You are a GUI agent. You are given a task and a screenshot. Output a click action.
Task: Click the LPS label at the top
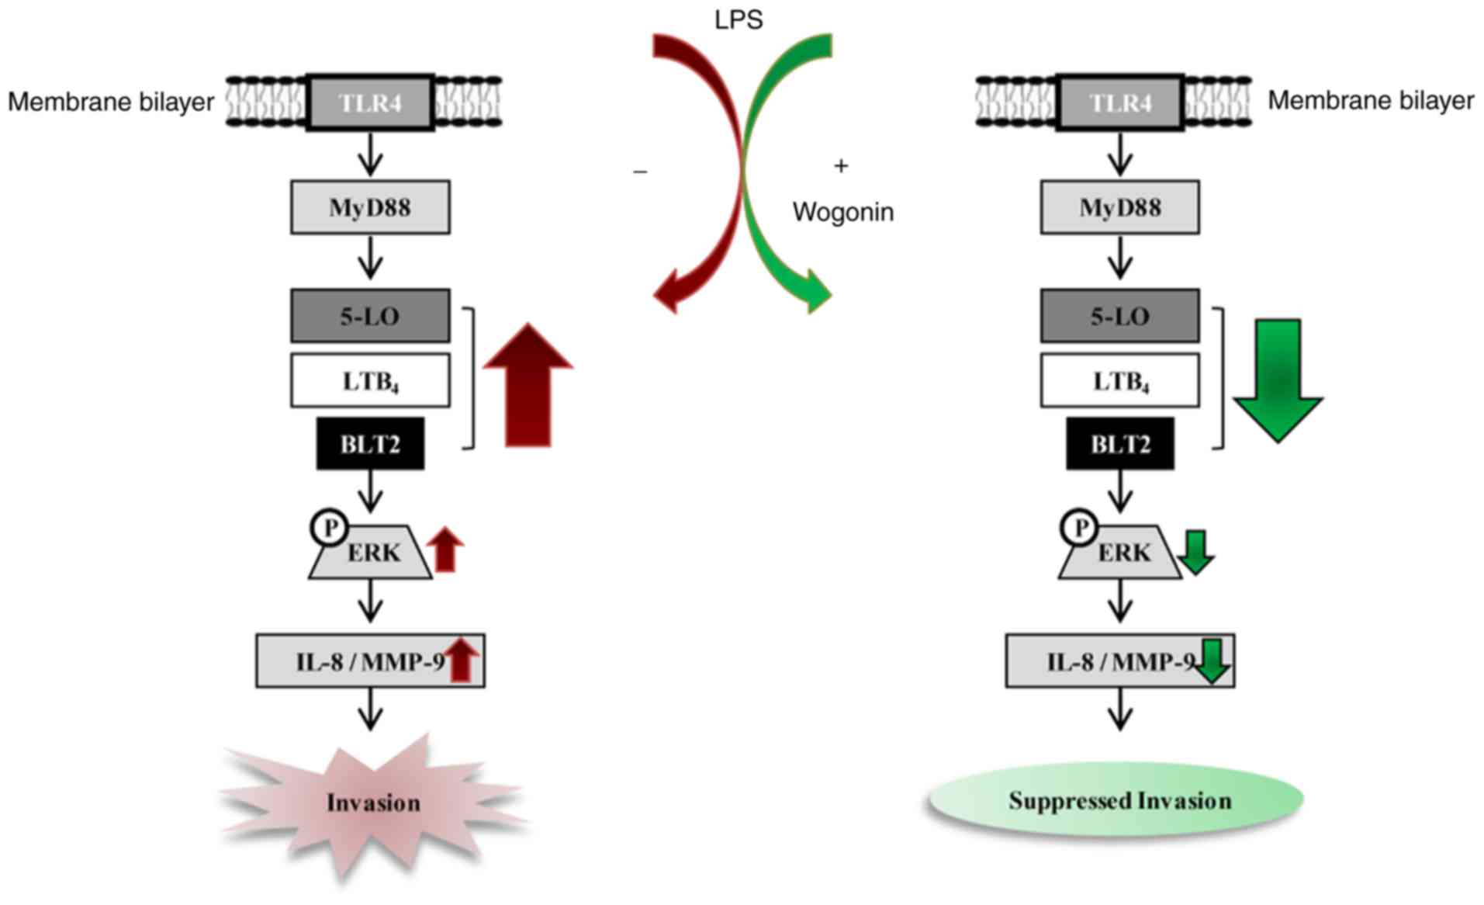[738, 19]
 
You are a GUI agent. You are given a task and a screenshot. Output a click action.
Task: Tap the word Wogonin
[842, 212]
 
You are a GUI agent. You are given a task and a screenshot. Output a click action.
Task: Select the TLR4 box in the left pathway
[370, 102]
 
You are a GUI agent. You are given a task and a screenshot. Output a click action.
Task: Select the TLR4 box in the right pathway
[1119, 102]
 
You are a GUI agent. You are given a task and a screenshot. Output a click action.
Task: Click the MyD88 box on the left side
[370, 207]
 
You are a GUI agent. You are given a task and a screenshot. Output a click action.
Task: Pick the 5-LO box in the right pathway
[1119, 316]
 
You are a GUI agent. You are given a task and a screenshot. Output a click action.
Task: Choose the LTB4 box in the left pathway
[370, 380]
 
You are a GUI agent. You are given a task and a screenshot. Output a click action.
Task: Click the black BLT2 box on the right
[1119, 444]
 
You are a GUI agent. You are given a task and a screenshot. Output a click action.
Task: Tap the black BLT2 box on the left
[370, 444]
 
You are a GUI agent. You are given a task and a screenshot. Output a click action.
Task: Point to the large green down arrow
[1278, 380]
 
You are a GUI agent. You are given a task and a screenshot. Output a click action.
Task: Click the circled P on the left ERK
[330, 528]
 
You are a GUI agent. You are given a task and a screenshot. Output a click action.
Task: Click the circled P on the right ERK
[1079, 528]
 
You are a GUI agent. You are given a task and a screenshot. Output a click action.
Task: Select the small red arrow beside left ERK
[445, 550]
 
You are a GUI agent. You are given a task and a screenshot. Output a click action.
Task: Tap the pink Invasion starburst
[373, 803]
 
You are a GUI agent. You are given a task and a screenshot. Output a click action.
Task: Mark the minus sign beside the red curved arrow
[640, 172]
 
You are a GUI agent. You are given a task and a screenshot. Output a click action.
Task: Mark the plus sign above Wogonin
[841, 165]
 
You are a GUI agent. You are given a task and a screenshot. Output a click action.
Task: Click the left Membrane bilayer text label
[111, 102]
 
